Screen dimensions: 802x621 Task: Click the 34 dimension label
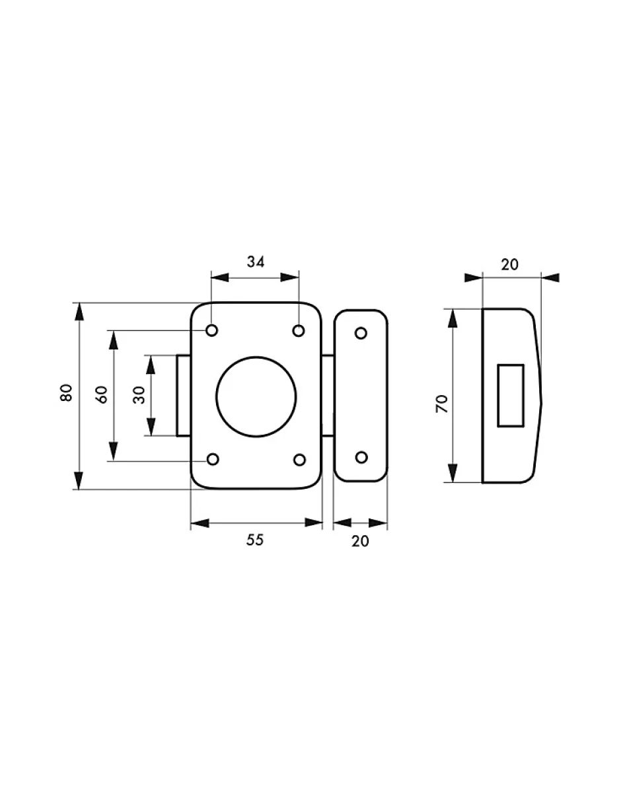[256, 262]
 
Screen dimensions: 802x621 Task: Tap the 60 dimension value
[102, 394]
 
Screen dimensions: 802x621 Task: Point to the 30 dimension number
[139, 395]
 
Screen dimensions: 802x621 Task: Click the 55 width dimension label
[255, 540]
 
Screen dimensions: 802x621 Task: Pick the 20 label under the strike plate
[360, 541]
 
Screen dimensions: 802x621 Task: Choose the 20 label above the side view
[509, 264]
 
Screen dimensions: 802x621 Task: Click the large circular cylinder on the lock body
[256, 396]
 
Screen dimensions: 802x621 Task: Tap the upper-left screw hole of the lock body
[212, 330]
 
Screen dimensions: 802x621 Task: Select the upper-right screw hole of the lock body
[299, 330]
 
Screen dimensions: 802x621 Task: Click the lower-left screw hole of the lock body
[212, 460]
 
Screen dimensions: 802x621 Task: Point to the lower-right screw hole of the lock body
[299, 460]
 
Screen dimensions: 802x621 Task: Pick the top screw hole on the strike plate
[361, 333]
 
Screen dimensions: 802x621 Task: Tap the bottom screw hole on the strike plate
[361, 457]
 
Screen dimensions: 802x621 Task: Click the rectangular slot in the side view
[510, 395]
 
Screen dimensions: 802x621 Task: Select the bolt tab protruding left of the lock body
[184, 396]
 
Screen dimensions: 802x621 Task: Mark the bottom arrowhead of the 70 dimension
[453, 473]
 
